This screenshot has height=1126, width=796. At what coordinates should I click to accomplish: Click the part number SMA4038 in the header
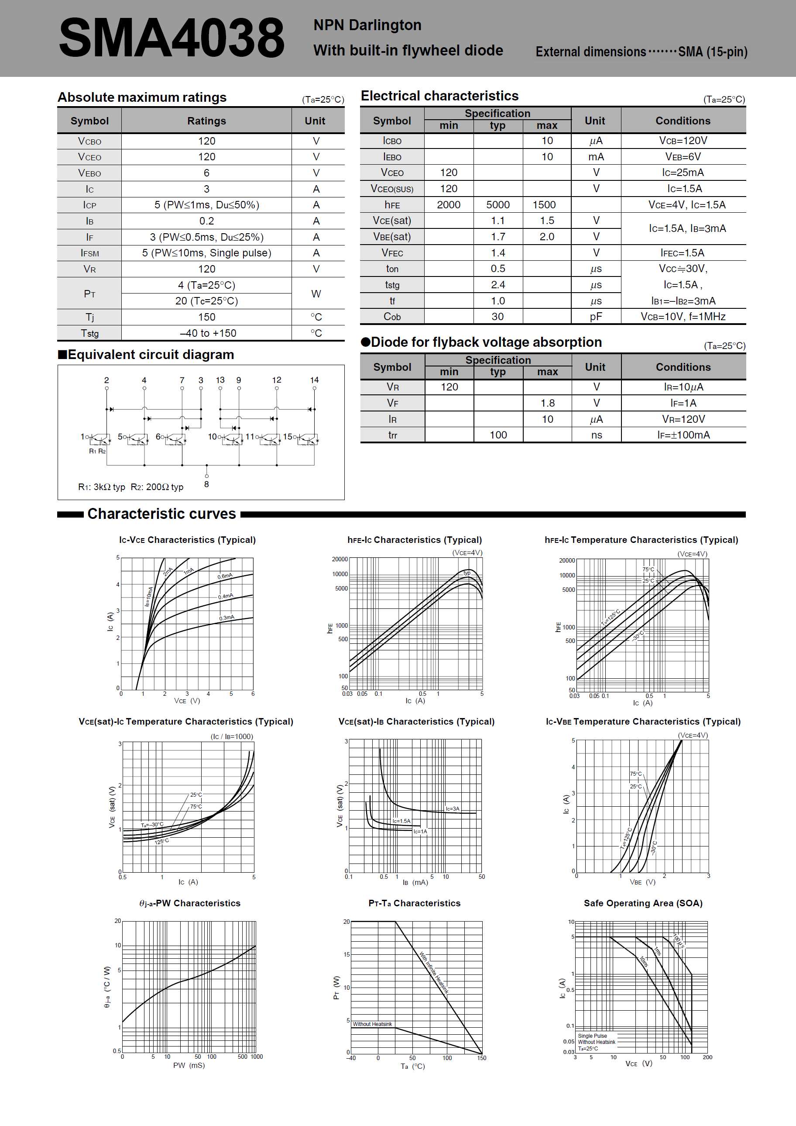tap(172, 38)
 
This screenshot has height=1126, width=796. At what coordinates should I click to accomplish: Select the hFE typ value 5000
tap(497, 204)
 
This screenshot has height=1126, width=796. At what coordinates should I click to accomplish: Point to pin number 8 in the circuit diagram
tap(206, 484)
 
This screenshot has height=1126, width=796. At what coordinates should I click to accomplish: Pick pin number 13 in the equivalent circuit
tap(220, 380)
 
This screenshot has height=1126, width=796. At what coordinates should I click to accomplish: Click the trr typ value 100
tap(498, 435)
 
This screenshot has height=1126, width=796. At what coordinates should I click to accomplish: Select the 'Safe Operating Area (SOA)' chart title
tap(642, 903)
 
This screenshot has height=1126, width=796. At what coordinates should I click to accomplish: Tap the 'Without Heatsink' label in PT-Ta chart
tap(372, 1024)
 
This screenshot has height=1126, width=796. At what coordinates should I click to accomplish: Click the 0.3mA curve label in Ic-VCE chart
tap(226, 618)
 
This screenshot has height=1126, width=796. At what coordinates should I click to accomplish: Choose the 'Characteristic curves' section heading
tap(162, 514)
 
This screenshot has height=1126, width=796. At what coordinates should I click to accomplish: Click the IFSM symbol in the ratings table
tap(90, 253)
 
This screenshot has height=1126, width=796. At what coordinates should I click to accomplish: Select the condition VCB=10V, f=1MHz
tap(683, 317)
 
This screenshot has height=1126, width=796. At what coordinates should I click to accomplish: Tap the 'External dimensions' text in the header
tap(590, 52)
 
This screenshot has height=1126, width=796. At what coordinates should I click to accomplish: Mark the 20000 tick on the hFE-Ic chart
tap(340, 559)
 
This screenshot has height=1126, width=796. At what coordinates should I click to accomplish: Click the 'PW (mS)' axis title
tap(189, 1065)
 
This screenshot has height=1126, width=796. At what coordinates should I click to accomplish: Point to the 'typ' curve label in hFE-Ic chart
tap(467, 573)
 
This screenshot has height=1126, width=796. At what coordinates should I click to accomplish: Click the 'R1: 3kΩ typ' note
tap(101, 487)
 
